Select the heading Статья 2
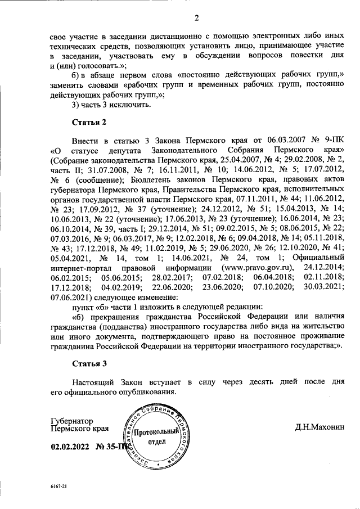tap(89, 121)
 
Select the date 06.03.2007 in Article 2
tap(268, 139)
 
